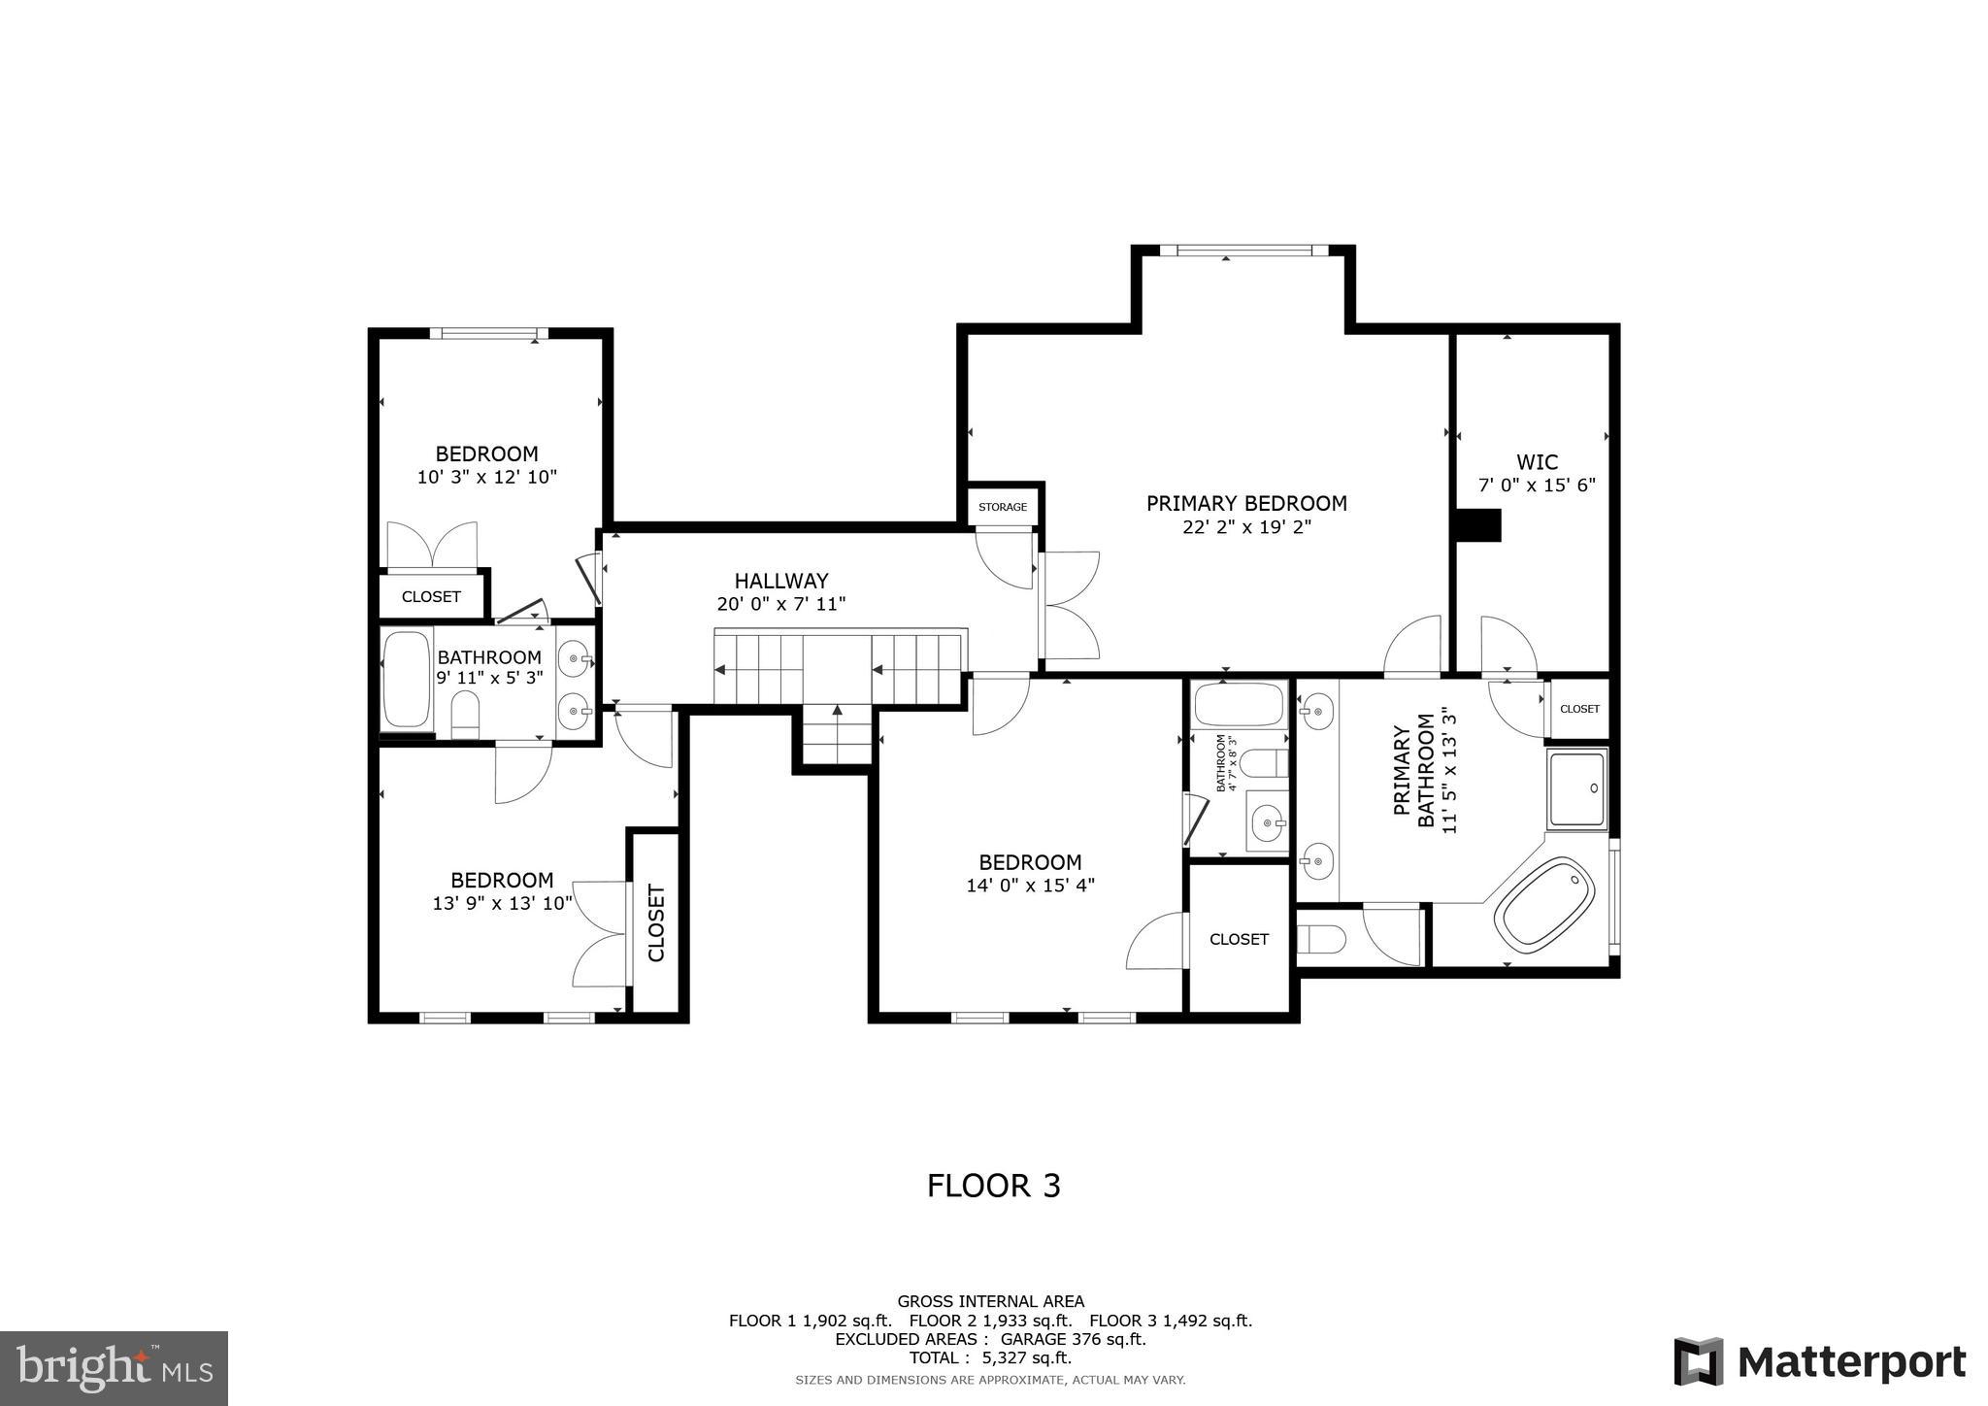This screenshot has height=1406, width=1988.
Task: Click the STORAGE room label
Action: (1002, 507)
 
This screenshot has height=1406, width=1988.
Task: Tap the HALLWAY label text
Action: (780, 581)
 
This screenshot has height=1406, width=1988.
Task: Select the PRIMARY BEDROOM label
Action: (1246, 503)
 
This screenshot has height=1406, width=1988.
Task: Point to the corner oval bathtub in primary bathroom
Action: (1544, 902)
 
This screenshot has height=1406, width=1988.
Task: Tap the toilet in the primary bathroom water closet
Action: (1322, 939)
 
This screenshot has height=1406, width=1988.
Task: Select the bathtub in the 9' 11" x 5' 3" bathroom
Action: (407, 680)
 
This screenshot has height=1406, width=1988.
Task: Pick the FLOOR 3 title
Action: (993, 1186)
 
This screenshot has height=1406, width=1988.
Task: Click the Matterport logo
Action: (1819, 1361)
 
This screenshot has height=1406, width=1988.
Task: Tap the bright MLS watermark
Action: (114, 1368)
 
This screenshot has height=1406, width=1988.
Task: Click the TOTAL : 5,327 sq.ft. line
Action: (989, 1357)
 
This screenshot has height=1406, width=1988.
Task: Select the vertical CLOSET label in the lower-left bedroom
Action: (656, 922)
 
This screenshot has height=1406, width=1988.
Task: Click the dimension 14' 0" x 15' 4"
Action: (1030, 886)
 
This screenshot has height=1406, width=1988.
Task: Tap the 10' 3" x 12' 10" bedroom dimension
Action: (486, 477)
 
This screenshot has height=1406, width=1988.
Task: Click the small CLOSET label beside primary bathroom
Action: (1578, 709)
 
